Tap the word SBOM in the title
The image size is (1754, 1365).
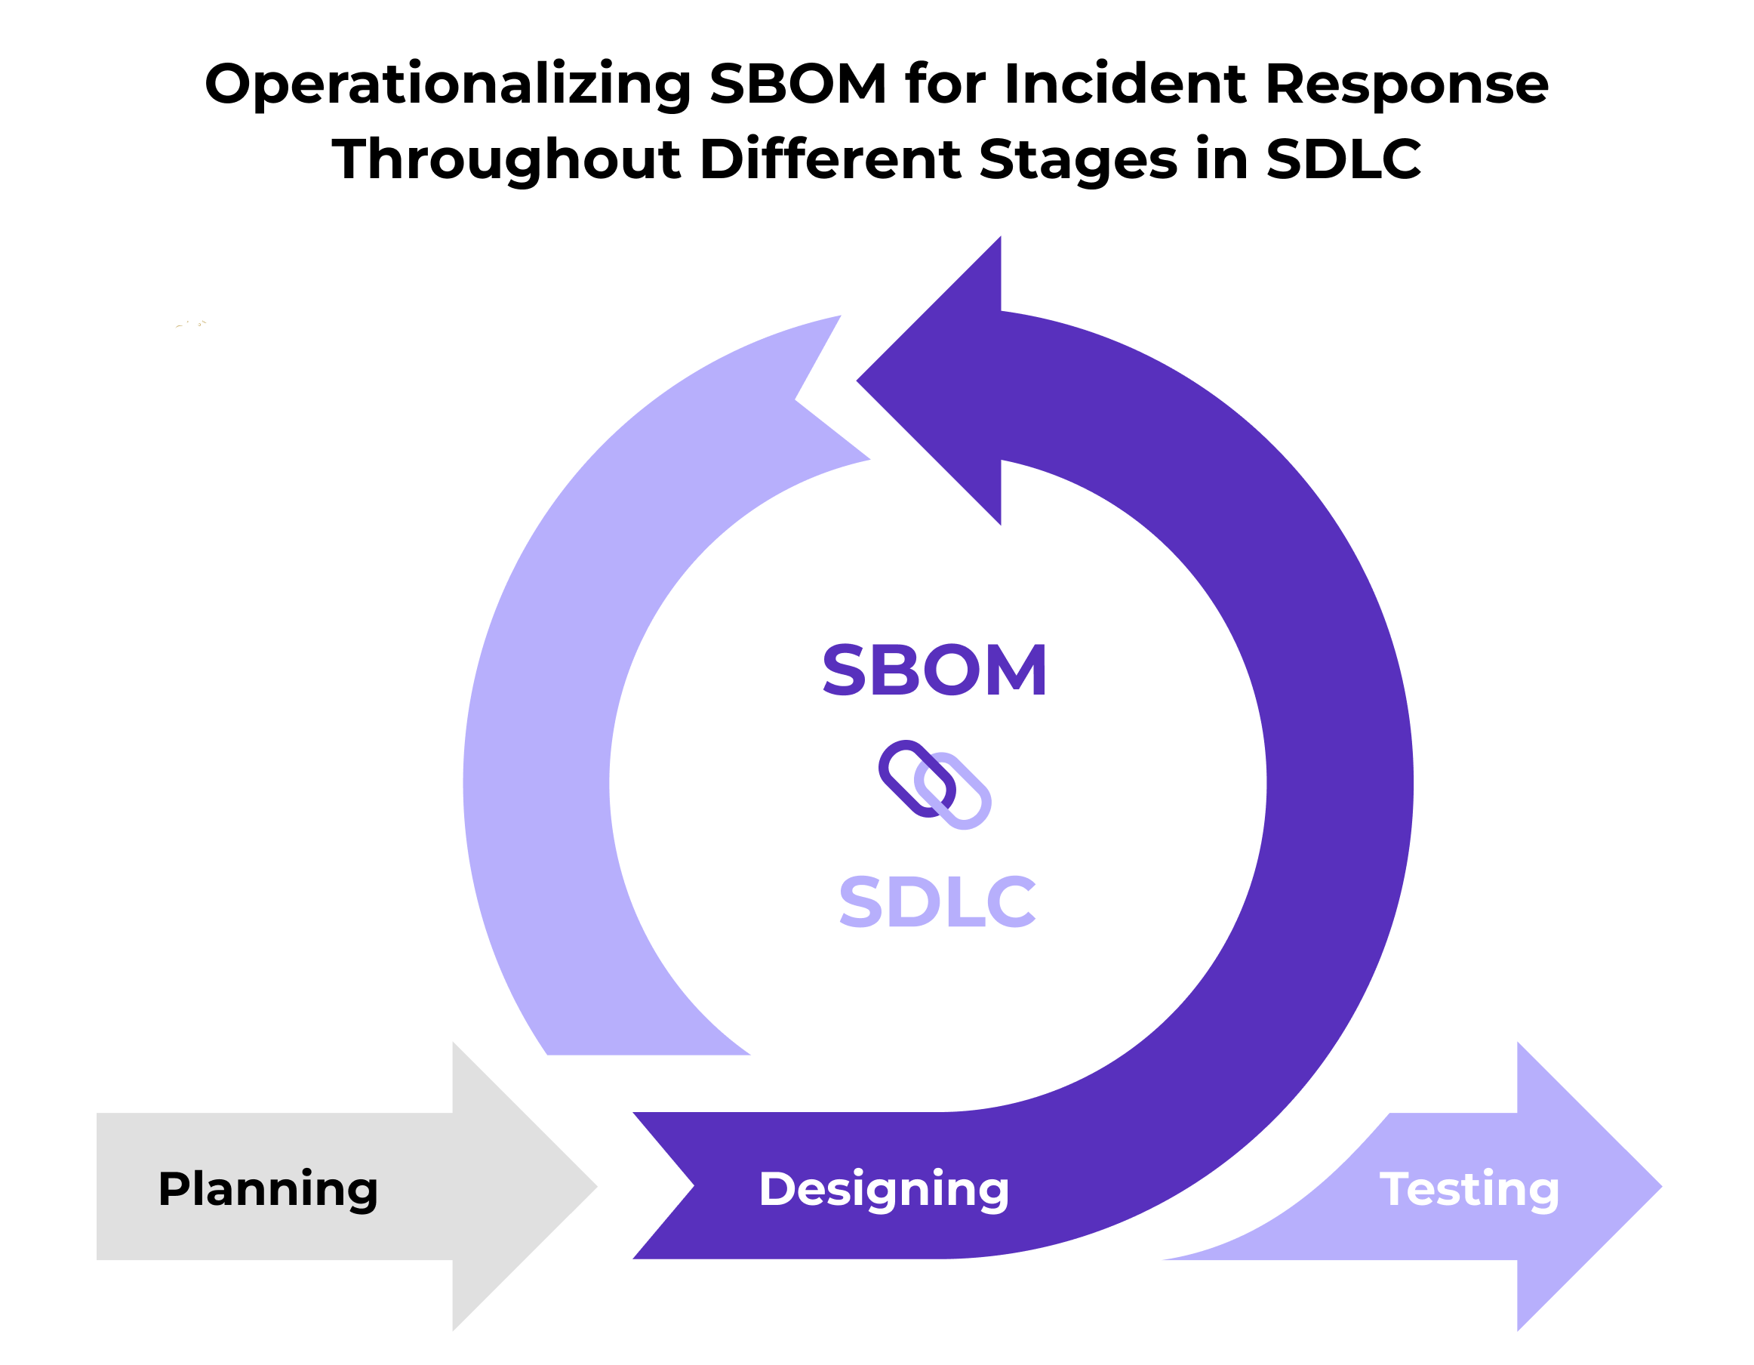tap(798, 84)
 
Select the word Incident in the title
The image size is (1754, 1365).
tap(1125, 84)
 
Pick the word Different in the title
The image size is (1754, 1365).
tap(829, 159)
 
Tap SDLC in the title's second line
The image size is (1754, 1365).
tap(1343, 159)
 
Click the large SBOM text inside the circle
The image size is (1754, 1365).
tap(934, 670)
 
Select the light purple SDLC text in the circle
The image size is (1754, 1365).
tap(937, 901)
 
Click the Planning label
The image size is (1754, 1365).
tap(267, 1189)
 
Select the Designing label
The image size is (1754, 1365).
tap(884, 1189)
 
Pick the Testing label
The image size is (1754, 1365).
tap(1469, 1189)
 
